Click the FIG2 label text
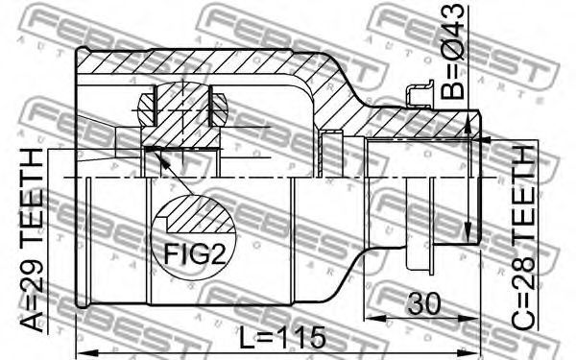click(194, 254)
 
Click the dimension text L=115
click(282, 337)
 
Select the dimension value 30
click(423, 303)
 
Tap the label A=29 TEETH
click(32, 241)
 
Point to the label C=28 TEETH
click(523, 238)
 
